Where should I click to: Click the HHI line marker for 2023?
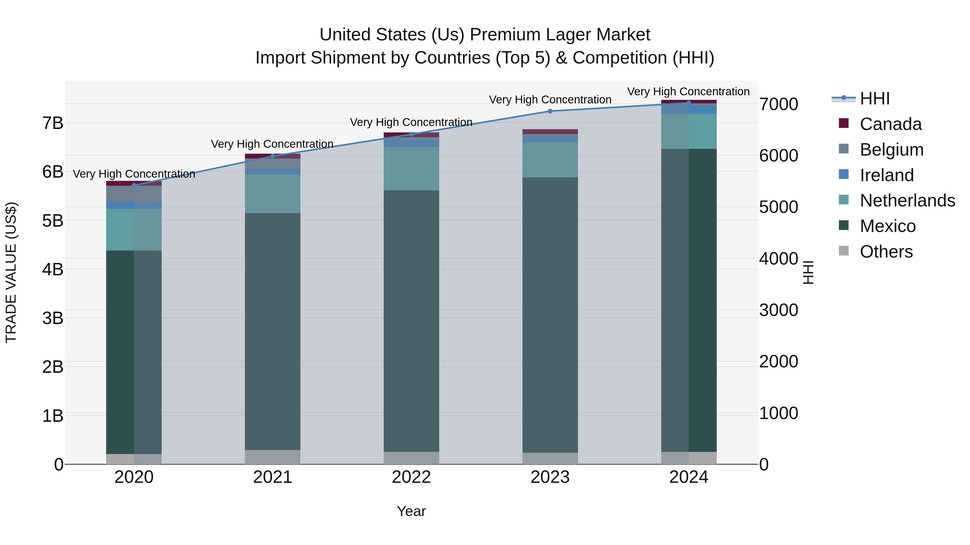coord(550,111)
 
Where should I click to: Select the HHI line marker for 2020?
coord(134,185)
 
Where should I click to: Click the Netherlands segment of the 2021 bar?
coord(273,194)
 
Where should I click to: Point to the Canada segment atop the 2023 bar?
coord(550,132)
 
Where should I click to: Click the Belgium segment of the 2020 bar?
coord(134,194)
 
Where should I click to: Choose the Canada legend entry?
coord(890,124)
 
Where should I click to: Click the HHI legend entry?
coord(874,99)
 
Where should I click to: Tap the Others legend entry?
coord(886,252)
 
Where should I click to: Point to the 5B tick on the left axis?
coord(53,221)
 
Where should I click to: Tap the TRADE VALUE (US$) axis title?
coord(11,272)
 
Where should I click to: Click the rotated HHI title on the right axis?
coord(808,272)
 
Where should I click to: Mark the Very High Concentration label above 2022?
coord(411,122)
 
